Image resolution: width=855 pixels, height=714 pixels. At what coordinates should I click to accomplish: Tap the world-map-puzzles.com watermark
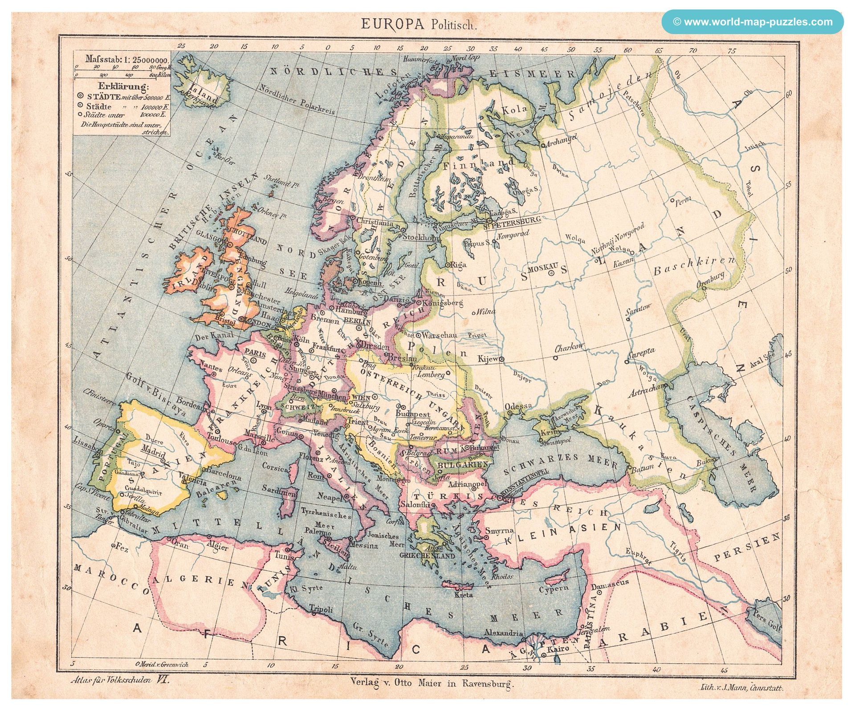[752, 22]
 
